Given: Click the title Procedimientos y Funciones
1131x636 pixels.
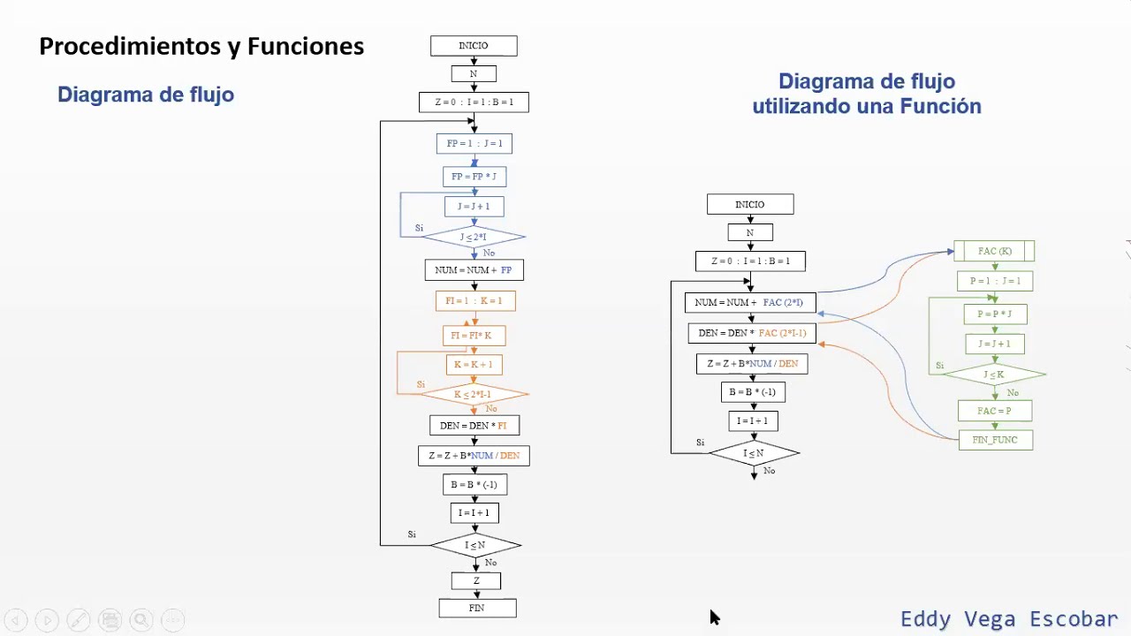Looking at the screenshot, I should pos(201,47).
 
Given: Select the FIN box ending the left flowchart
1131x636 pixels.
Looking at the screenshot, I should pos(477,608).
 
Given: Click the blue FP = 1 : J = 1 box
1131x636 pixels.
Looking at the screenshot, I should pos(474,143).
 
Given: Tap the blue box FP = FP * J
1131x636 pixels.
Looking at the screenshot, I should pos(474,177).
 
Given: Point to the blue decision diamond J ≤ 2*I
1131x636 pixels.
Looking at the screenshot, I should pos(474,237).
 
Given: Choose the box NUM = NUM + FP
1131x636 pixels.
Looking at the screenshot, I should pos(474,269).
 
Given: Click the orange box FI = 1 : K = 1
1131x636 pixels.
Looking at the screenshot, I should pos(474,301).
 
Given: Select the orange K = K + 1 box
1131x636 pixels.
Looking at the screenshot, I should pos(474,364).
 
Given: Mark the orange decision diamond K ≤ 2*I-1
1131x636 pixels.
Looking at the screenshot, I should pos(474,394).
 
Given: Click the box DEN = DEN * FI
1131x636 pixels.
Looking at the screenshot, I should pos(474,426).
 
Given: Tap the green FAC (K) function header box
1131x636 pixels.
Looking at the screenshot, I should pos(994,251).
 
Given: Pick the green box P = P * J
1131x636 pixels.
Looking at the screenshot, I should pos(995,314).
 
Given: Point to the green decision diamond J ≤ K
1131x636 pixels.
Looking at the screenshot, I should pos(994,375).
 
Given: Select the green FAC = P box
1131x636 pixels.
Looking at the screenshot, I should pos(994,411).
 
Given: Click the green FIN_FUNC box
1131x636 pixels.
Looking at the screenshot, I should pos(995,440).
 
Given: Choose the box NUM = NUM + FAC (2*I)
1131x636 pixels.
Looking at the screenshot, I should pos(749,303).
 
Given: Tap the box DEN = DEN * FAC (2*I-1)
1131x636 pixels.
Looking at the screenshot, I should pos(751,333).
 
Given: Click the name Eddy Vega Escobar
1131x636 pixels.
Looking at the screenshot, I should pos(1009,618).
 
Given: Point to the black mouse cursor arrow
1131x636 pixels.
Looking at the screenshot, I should pos(714,617).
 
